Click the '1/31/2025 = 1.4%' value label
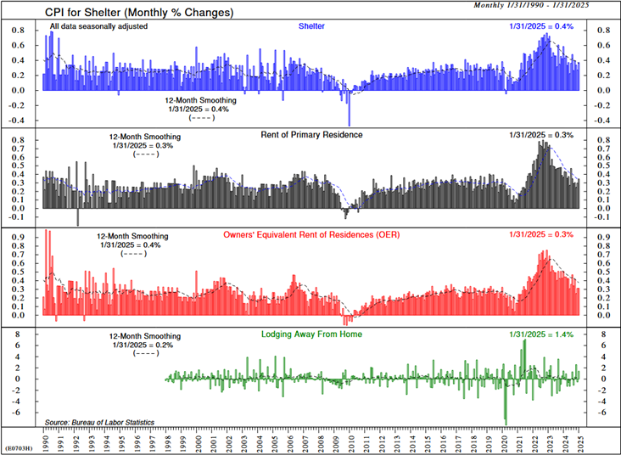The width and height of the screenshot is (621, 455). [x=541, y=334]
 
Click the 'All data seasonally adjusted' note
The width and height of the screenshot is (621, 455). [x=98, y=26]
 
